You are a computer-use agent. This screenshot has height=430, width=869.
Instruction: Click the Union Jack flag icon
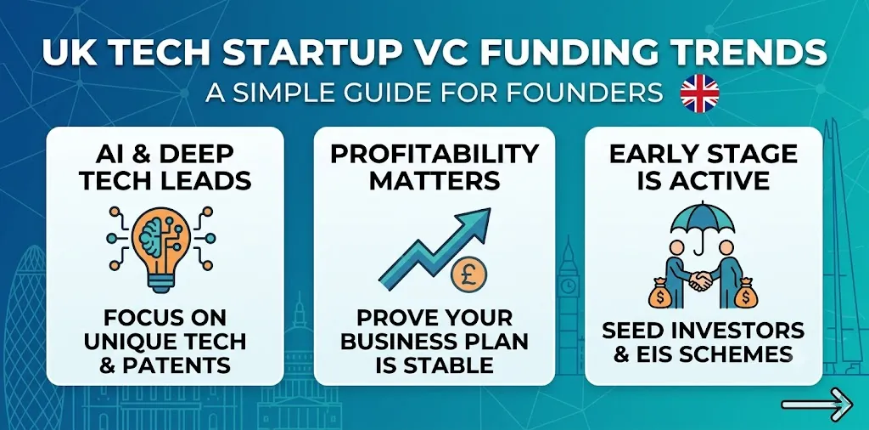click(699, 93)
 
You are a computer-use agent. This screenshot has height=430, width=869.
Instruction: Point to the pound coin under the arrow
click(468, 275)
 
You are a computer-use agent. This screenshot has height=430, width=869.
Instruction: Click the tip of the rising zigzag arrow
click(490, 209)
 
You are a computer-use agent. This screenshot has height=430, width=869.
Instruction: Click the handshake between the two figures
click(701, 280)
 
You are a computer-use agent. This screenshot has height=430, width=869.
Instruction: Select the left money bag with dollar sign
click(664, 293)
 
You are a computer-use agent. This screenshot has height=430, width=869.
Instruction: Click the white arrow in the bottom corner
click(816, 405)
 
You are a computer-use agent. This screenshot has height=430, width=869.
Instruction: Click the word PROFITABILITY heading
click(434, 155)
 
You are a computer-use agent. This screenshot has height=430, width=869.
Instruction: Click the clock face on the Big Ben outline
click(568, 286)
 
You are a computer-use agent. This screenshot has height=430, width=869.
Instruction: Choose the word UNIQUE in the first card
click(130, 342)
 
